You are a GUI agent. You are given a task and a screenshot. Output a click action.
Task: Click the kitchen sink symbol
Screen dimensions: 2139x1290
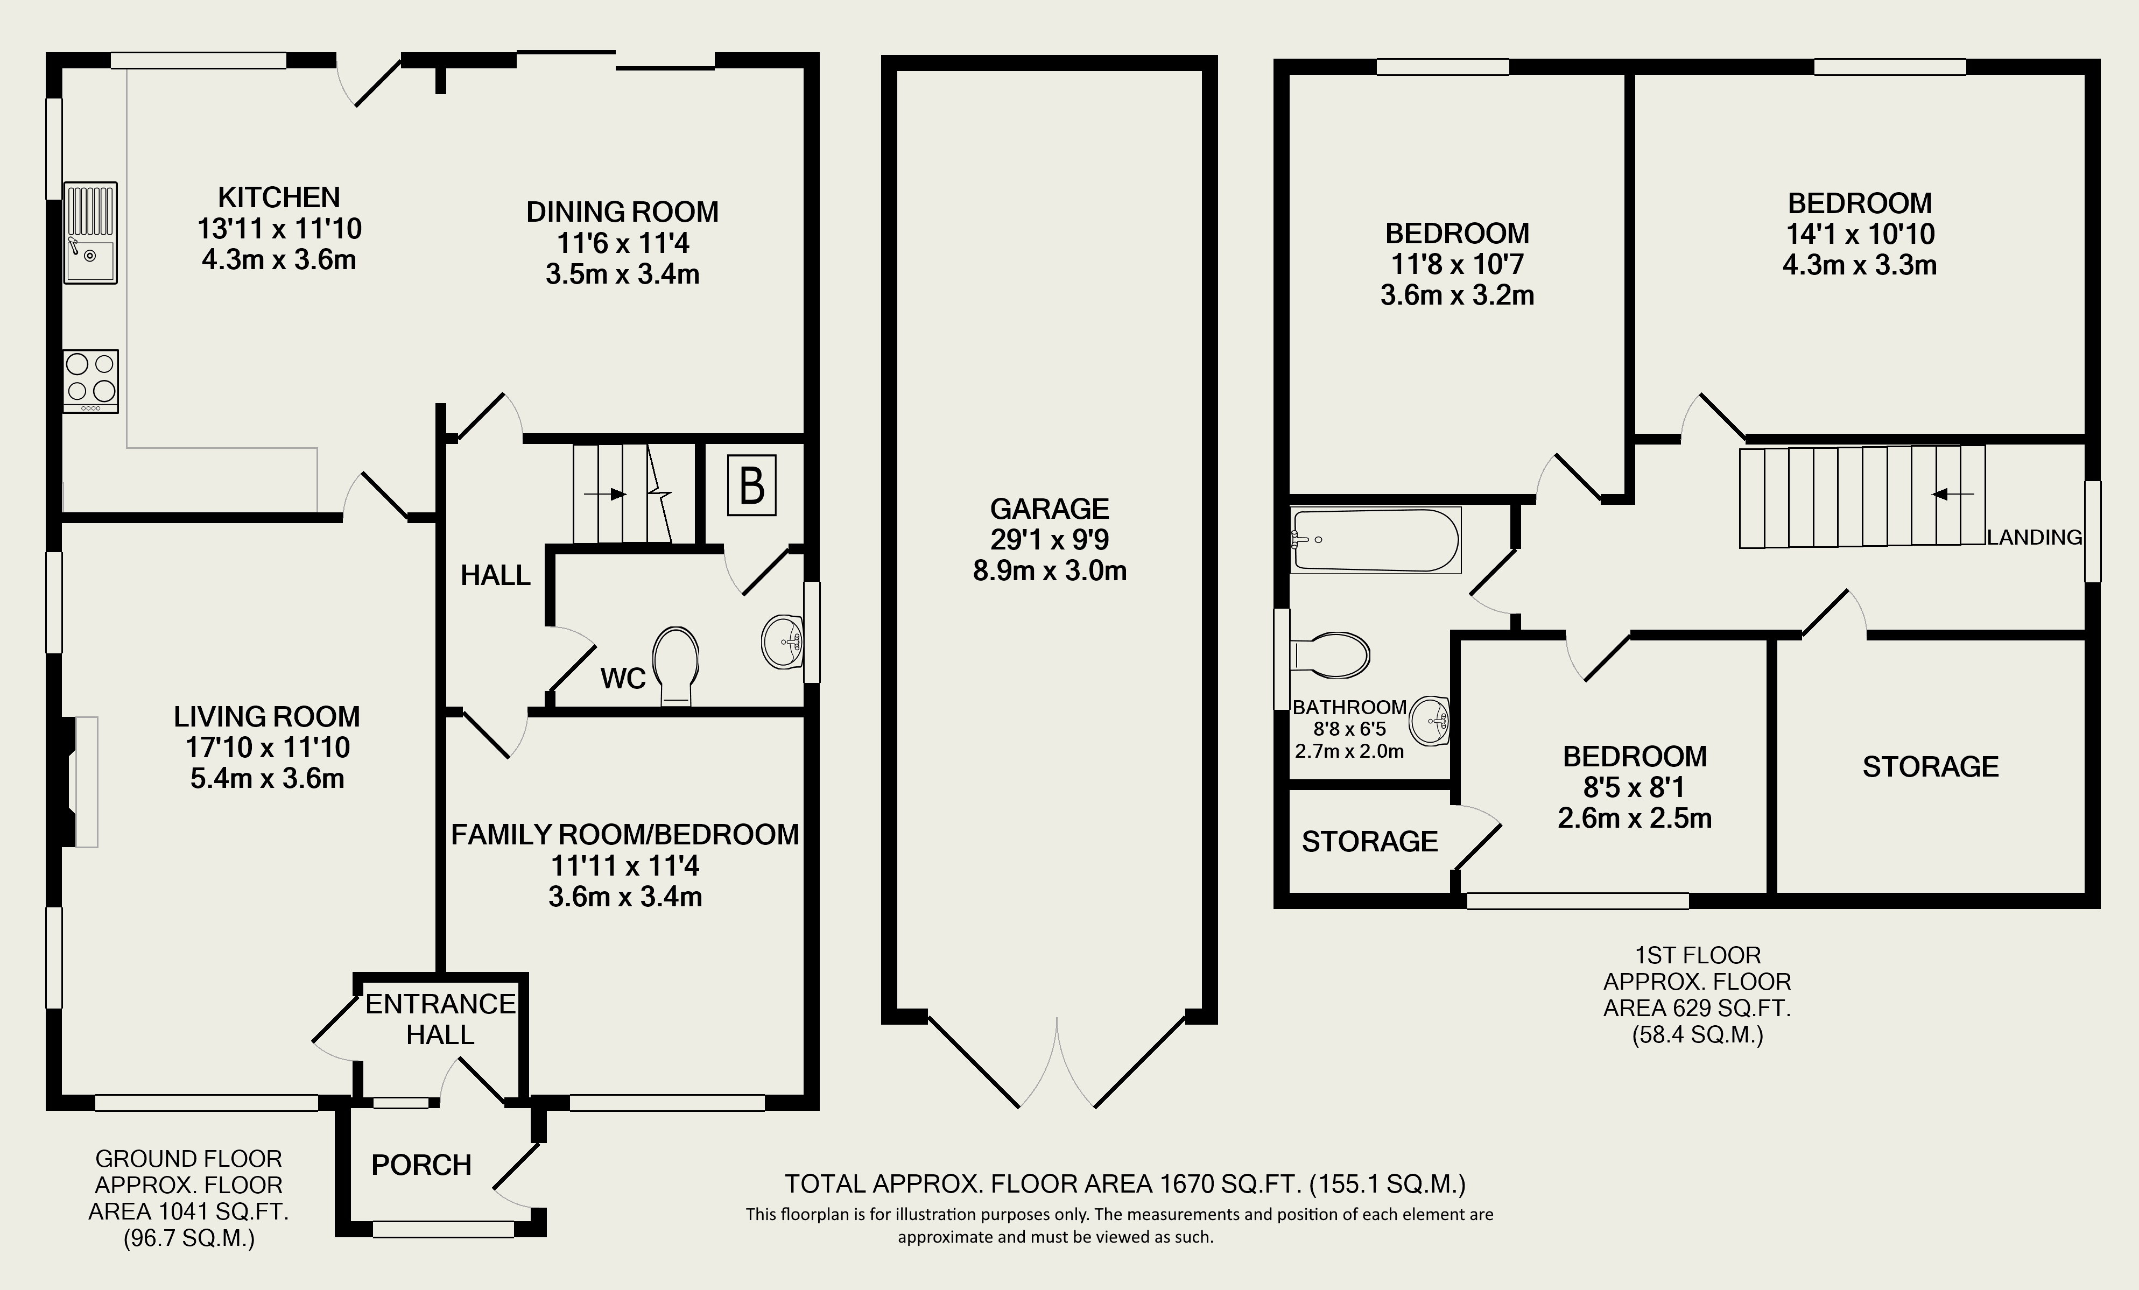click(x=90, y=232)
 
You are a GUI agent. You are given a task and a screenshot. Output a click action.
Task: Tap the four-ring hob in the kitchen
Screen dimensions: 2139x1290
click(x=90, y=381)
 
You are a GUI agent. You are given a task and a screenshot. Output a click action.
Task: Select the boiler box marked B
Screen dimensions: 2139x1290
click(x=752, y=486)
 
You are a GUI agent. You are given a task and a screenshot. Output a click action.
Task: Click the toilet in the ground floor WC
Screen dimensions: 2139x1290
click(x=676, y=666)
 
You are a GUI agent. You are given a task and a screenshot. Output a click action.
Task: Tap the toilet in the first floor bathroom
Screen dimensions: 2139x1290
click(x=1330, y=654)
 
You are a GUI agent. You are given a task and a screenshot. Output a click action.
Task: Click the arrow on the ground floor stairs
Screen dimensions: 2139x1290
click(x=605, y=495)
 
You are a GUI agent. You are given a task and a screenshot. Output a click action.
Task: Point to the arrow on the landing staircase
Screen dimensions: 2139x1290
click(x=1952, y=495)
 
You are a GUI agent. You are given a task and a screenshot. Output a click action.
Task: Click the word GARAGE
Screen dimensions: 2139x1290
click(x=1050, y=509)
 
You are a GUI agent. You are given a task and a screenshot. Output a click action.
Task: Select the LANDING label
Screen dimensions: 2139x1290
click(x=2035, y=537)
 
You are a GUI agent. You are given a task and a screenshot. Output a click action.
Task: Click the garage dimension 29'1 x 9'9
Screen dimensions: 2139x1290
click(x=1050, y=540)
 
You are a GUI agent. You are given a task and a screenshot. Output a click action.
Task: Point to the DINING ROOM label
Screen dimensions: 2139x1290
click(x=622, y=212)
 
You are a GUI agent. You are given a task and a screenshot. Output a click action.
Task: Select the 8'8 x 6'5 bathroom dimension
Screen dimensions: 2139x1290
click(x=1349, y=729)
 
